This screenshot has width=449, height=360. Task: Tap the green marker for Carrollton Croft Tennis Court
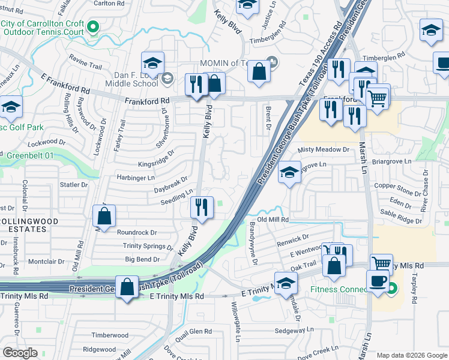(x=93, y=26)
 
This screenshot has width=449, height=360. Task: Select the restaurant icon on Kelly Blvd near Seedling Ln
(x=202, y=208)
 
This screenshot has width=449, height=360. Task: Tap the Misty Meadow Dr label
(x=323, y=149)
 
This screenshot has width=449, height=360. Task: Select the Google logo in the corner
(x=20, y=353)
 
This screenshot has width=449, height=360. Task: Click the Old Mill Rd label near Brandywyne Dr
(x=273, y=220)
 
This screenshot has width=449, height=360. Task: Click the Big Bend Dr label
(x=142, y=259)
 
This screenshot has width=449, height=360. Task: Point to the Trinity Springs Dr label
(x=148, y=246)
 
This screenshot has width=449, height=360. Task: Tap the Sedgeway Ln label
(x=294, y=330)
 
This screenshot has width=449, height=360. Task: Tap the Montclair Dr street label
(x=46, y=262)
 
